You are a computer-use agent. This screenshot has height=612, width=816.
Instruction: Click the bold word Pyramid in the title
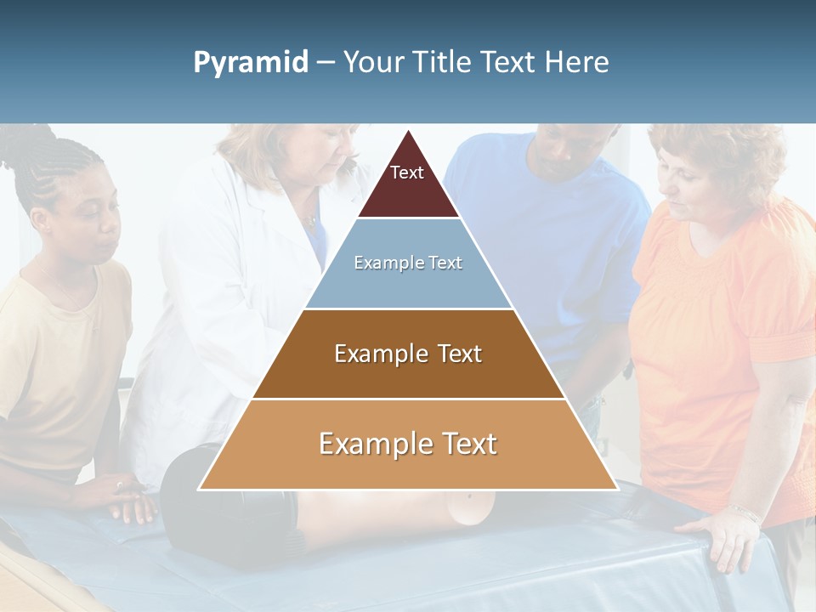(251, 63)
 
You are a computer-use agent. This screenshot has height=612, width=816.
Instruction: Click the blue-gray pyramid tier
(408, 280)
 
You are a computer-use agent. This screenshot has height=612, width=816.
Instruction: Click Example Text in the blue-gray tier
(408, 263)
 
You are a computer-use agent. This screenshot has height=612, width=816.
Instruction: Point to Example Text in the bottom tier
(408, 444)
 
